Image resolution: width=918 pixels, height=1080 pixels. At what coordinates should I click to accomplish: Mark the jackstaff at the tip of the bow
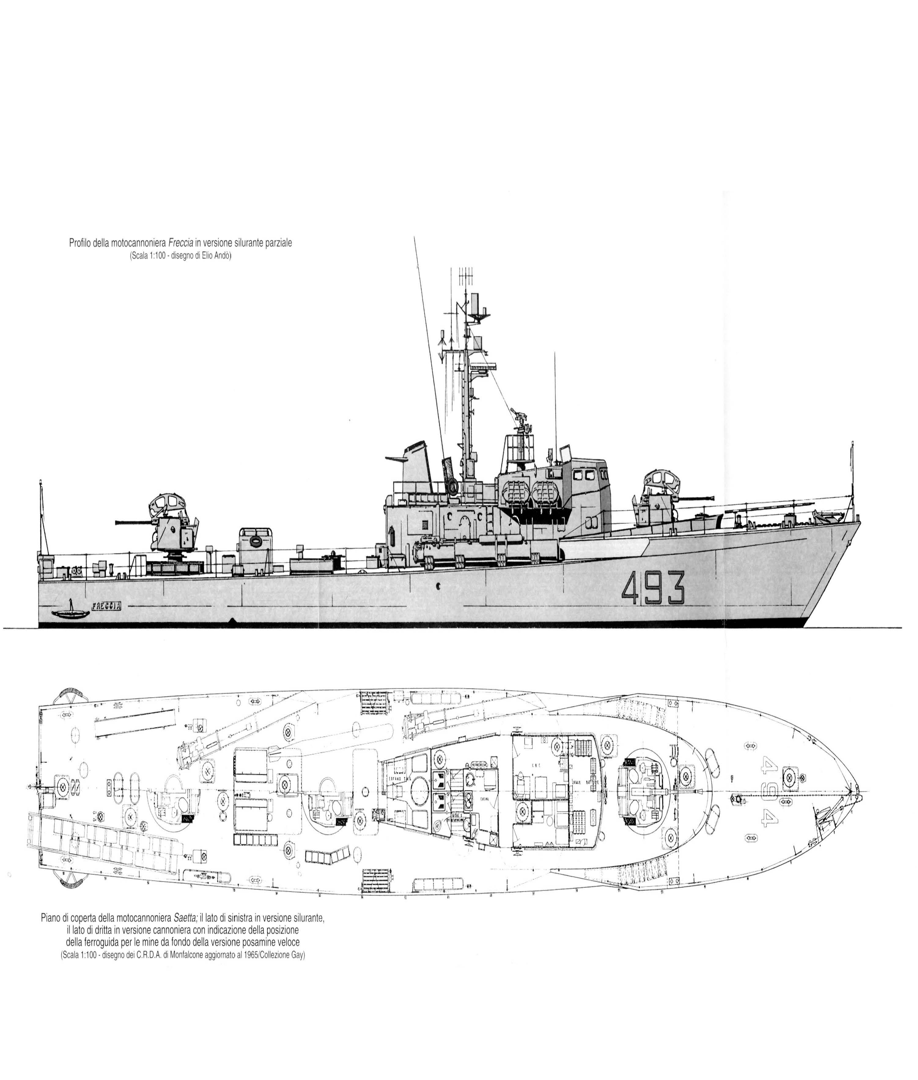(852, 479)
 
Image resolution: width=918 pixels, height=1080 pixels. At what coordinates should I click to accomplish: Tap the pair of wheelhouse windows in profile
(583, 475)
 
